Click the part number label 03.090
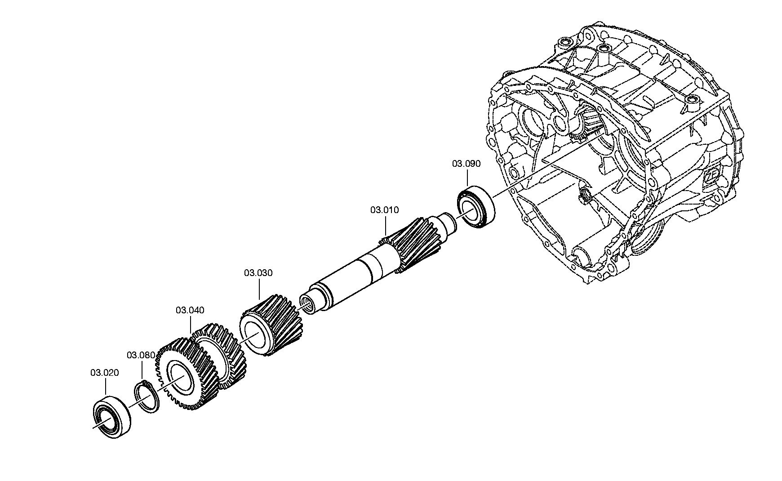[466, 164]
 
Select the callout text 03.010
[384, 210]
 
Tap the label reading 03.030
[258, 273]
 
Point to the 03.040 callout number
[190, 310]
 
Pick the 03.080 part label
[141, 355]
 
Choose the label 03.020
[105, 373]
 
